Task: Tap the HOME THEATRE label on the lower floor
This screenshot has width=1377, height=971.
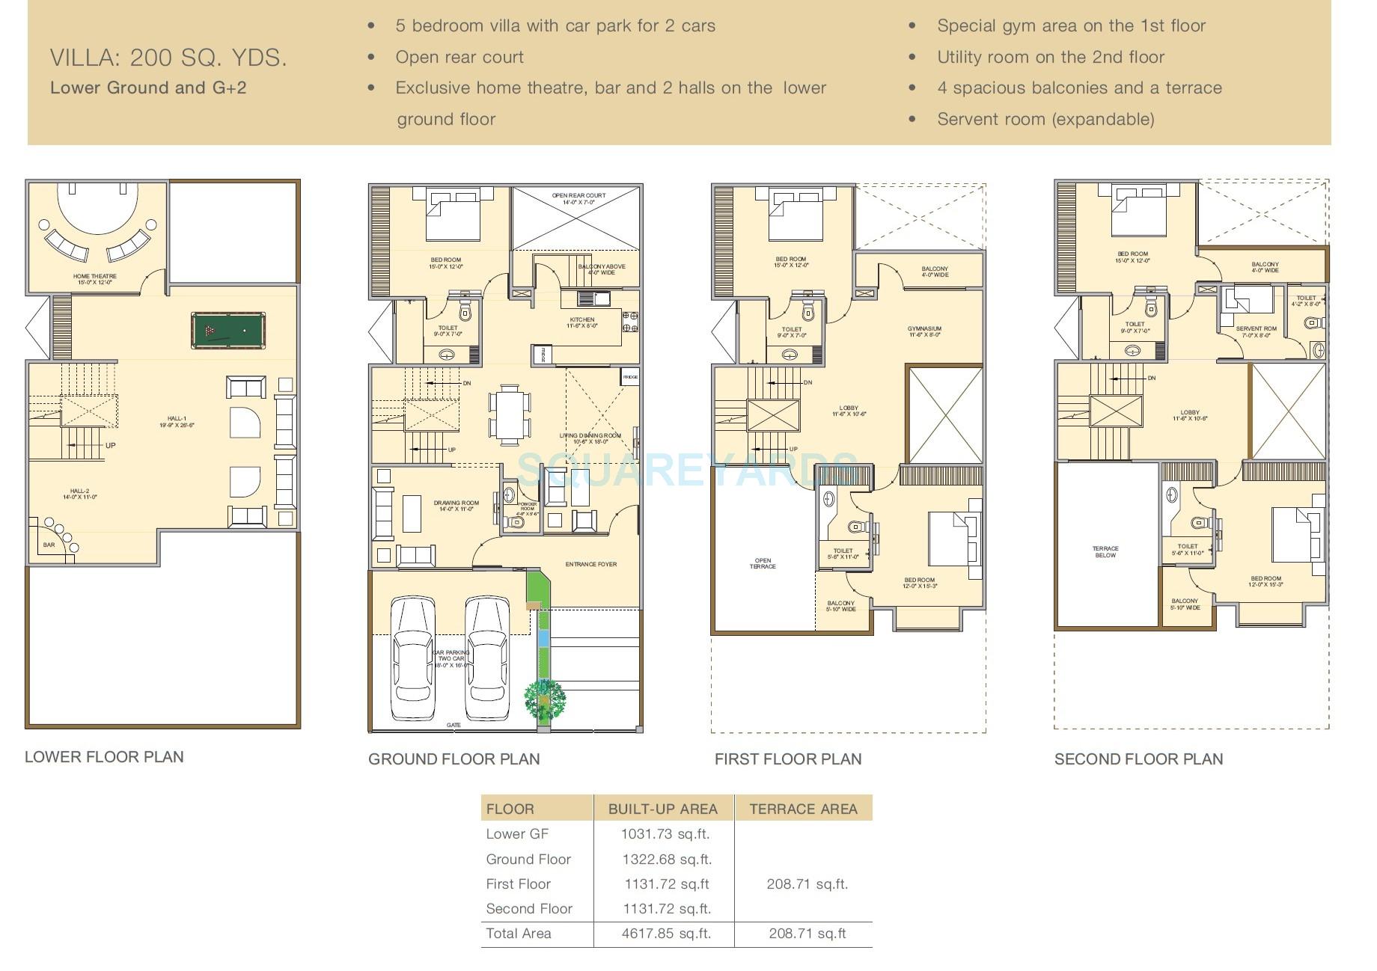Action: point(94,277)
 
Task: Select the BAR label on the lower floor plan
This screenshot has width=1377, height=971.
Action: point(49,545)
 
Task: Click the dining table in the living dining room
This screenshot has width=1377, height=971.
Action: point(510,412)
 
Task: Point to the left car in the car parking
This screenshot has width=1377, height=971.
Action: point(412,658)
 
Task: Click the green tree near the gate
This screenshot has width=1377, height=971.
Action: point(544,699)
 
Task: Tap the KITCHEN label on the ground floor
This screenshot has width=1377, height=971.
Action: point(581,320)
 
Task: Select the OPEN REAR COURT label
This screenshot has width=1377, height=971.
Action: point(578,196)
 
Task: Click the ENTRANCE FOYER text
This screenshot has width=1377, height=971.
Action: point(590,564)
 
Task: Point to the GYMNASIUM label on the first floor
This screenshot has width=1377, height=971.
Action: point(924,329)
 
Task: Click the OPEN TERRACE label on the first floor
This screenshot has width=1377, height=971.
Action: point(763,563)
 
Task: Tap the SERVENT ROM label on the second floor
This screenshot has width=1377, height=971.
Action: point(1256,329)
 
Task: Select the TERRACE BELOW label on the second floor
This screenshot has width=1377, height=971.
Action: point(1105,552)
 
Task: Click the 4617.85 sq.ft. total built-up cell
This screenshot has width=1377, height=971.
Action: point(665,934)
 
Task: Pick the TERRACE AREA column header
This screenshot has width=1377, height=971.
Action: point(803,809)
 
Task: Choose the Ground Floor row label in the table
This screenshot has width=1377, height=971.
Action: point(528,859)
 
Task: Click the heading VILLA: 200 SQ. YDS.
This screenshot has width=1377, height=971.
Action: point(168,58)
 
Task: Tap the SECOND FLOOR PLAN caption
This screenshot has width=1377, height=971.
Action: point(1138,759)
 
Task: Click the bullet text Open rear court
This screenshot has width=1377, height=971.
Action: point(459,58)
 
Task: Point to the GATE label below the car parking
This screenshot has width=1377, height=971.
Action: point(454,725)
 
